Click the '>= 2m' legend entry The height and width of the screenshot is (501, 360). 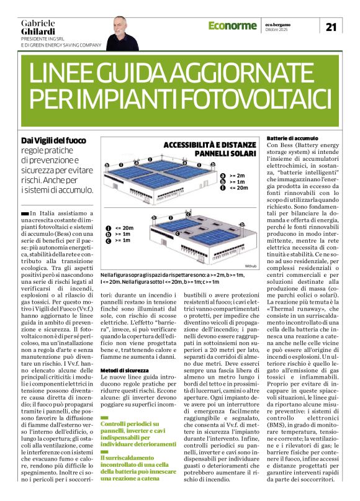pyautogui.click(x=236, y=176)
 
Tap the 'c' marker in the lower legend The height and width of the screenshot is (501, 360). pyautogui.click(x=109, y=240)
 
